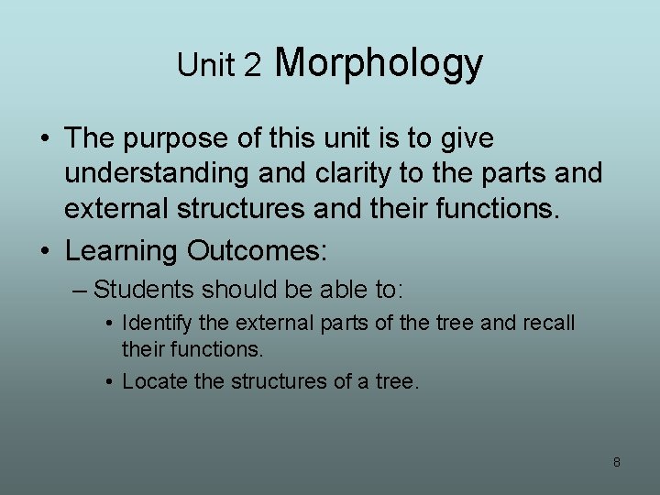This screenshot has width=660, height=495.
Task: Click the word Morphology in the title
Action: point(378,64)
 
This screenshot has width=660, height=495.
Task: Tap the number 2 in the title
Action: point(253,65)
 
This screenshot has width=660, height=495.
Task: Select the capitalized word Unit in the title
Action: point(207,65)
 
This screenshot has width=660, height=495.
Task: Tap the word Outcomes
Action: point(257,250)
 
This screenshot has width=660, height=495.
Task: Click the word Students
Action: point(144,291)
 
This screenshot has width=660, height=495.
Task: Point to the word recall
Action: point(547,324)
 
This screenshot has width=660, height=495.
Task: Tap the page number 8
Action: point(616,462)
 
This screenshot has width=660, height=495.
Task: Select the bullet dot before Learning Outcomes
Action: point(44,251)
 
